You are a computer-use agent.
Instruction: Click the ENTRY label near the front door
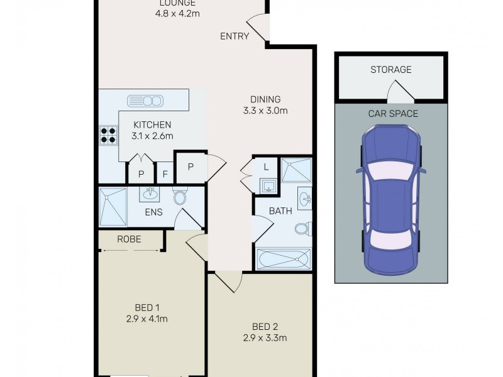pyautogui.click(x=235, y=36)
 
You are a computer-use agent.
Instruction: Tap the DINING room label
pyautogui.click(x=265, y=99)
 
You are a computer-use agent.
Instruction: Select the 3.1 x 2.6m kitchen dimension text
pyautogui.click(x=152, y=136)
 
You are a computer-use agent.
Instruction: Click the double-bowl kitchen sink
pyautogui.click(x=145, y=101)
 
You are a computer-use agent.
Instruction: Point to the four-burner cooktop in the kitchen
pyautogui.click(x=108, y=135)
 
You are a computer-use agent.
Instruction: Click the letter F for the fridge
pyautogui.click(x=165, y=174)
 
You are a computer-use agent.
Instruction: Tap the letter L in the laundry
pyautogui.click(x=266, y=167)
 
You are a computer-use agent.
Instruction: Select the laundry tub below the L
pyautogui.click(x=267, y=185)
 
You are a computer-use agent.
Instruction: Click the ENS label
pyautogui.click(x=153, y=212)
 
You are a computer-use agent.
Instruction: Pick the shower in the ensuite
pyautogui.click(x=113, y=206)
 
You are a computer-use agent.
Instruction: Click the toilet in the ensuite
pyautogui.click(x=180, y=197)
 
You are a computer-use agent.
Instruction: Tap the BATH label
pyautogui.click(x=280, y=211)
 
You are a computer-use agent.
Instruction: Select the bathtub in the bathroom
pyautogui.click(x=284, y=258)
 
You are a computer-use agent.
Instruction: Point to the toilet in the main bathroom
pyautogui.click(x=302, y=228)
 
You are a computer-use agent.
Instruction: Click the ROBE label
pyautogui.click(x=129, y=239)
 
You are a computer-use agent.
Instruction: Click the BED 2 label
pyautogui.click(x=265, y=326)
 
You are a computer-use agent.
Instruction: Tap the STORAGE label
pyautogui.click(x=390, y=70)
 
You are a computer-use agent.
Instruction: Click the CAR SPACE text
pyautogui.click(x=393, y=114)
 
